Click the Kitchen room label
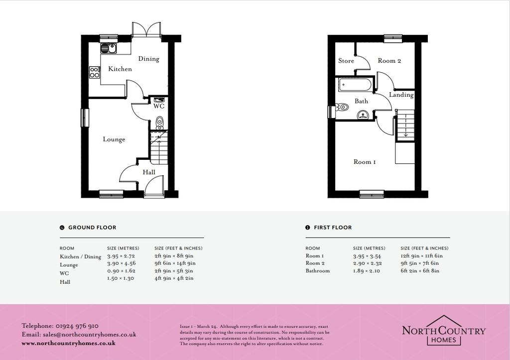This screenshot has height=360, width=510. click(120, 69)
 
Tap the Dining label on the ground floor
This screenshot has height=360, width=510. click(148, 59)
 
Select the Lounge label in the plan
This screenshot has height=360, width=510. click(114, 139)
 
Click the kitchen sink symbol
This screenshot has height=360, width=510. click(109, 48)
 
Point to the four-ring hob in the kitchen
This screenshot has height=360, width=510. click(94, 72)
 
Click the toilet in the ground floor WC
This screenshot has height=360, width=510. click(159, 123)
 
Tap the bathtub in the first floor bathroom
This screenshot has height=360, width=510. click(355, 85)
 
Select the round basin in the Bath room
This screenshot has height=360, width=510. click(363, 115)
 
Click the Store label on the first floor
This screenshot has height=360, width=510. click(346, 61)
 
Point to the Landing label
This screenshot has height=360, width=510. click(401, 95)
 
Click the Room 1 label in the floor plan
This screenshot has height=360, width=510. click(365, 162)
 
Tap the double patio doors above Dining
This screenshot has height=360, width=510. click(146, 29)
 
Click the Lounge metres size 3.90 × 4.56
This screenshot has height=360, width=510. click(122, 263)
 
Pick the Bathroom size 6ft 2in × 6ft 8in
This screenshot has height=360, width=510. click(420, 271)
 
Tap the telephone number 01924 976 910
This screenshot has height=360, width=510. click(77, 326)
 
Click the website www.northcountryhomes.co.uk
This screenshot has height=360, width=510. click(69, 344)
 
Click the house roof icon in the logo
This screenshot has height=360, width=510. click(444, 320)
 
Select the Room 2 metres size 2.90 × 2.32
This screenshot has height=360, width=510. click(367, 263)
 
